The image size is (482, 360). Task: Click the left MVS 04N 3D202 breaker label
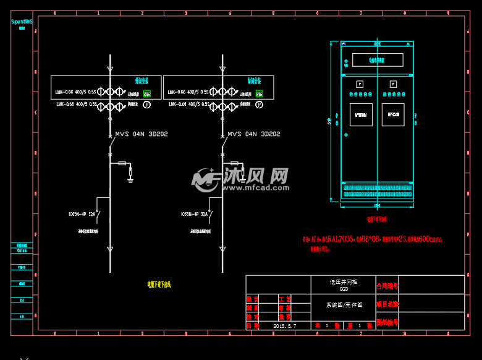click(142, 134)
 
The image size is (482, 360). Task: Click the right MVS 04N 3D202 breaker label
click(254, 134)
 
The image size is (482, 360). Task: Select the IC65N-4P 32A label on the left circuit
click(82, 215)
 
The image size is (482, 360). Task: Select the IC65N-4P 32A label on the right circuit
click(194, 215)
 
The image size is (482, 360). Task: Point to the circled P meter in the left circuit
click(147, 105)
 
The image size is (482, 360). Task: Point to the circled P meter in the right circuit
click(260, 105)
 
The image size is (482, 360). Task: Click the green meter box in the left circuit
click(147, 94)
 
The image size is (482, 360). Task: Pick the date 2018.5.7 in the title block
click(285, 325)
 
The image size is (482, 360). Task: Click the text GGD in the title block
click(344, 288)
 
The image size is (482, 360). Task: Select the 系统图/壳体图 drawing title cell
click(344, 305)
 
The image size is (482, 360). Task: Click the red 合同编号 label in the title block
click(387, 286)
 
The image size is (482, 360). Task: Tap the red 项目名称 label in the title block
click(387, 304)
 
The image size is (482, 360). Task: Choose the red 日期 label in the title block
click(253, 325)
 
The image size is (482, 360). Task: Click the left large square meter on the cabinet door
click(361, 114)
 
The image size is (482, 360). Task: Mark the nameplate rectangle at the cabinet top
click(378, 60)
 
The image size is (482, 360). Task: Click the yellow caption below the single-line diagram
click(159, 285)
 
